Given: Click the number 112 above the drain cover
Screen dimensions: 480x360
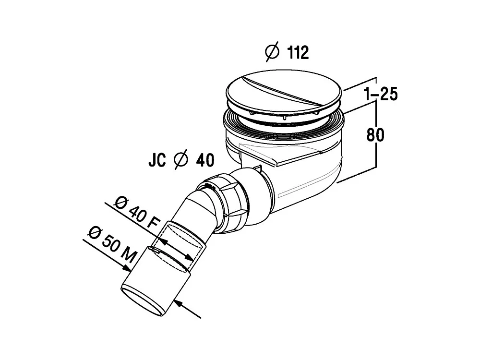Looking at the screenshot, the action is tap(298, 52).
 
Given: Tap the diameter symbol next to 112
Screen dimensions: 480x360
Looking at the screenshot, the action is tap(272, 52).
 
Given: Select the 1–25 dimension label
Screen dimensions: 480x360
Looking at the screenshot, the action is tap(381, 94).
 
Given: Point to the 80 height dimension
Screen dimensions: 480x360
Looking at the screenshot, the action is tap(375, 135).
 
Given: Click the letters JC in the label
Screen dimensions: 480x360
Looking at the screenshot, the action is tap(157, 160).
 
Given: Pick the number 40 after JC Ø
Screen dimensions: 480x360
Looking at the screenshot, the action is tap(205, 160).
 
